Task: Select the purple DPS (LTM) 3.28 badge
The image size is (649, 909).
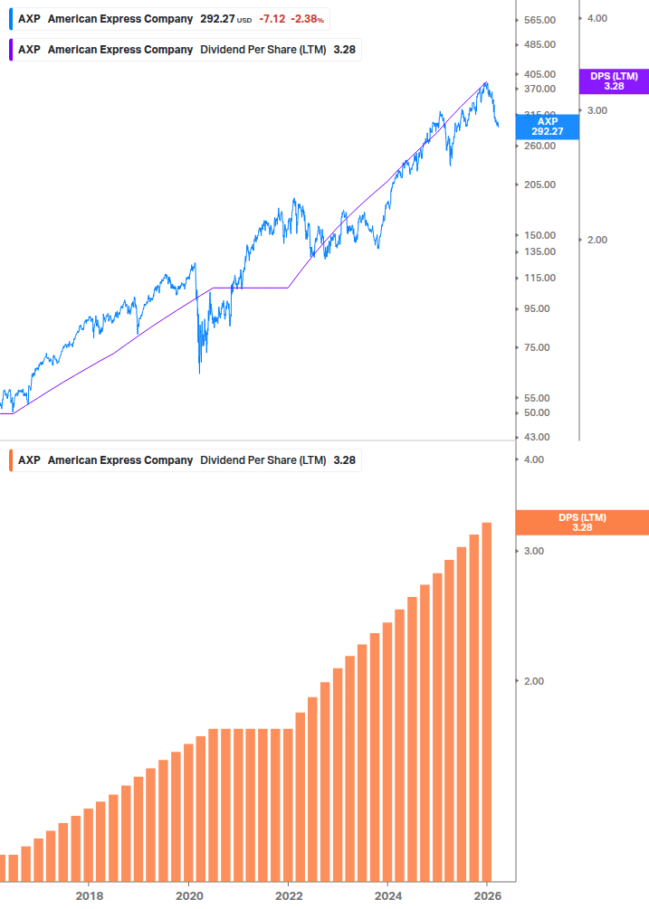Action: [x=614, y=81]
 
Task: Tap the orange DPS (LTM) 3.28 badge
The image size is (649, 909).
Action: [x=581, y=523]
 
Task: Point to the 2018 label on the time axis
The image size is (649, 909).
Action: [x=89, y=895]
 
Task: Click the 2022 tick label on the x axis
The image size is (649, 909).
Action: [x=289, y=895]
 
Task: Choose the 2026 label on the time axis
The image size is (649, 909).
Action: [x=487, y=895]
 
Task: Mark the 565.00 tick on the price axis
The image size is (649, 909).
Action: [x=539, y=20]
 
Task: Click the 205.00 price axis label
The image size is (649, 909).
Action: [x=539, y=185]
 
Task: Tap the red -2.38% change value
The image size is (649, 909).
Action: [x=308, y=19]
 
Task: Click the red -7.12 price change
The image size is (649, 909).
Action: [x=272, y=19]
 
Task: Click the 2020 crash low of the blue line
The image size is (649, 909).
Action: [x=200, y=371]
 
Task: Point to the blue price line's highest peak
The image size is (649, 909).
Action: [x=486, y=82]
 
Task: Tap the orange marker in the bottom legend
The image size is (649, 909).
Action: [x=10, y=460]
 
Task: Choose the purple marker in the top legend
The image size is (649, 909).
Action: [x=10, y=50]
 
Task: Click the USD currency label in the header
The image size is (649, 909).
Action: [x=244, y=20]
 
